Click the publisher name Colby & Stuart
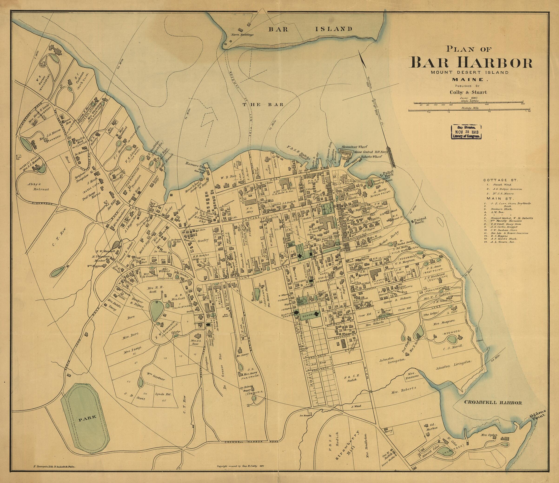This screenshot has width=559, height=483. click(x=468, y=92)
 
